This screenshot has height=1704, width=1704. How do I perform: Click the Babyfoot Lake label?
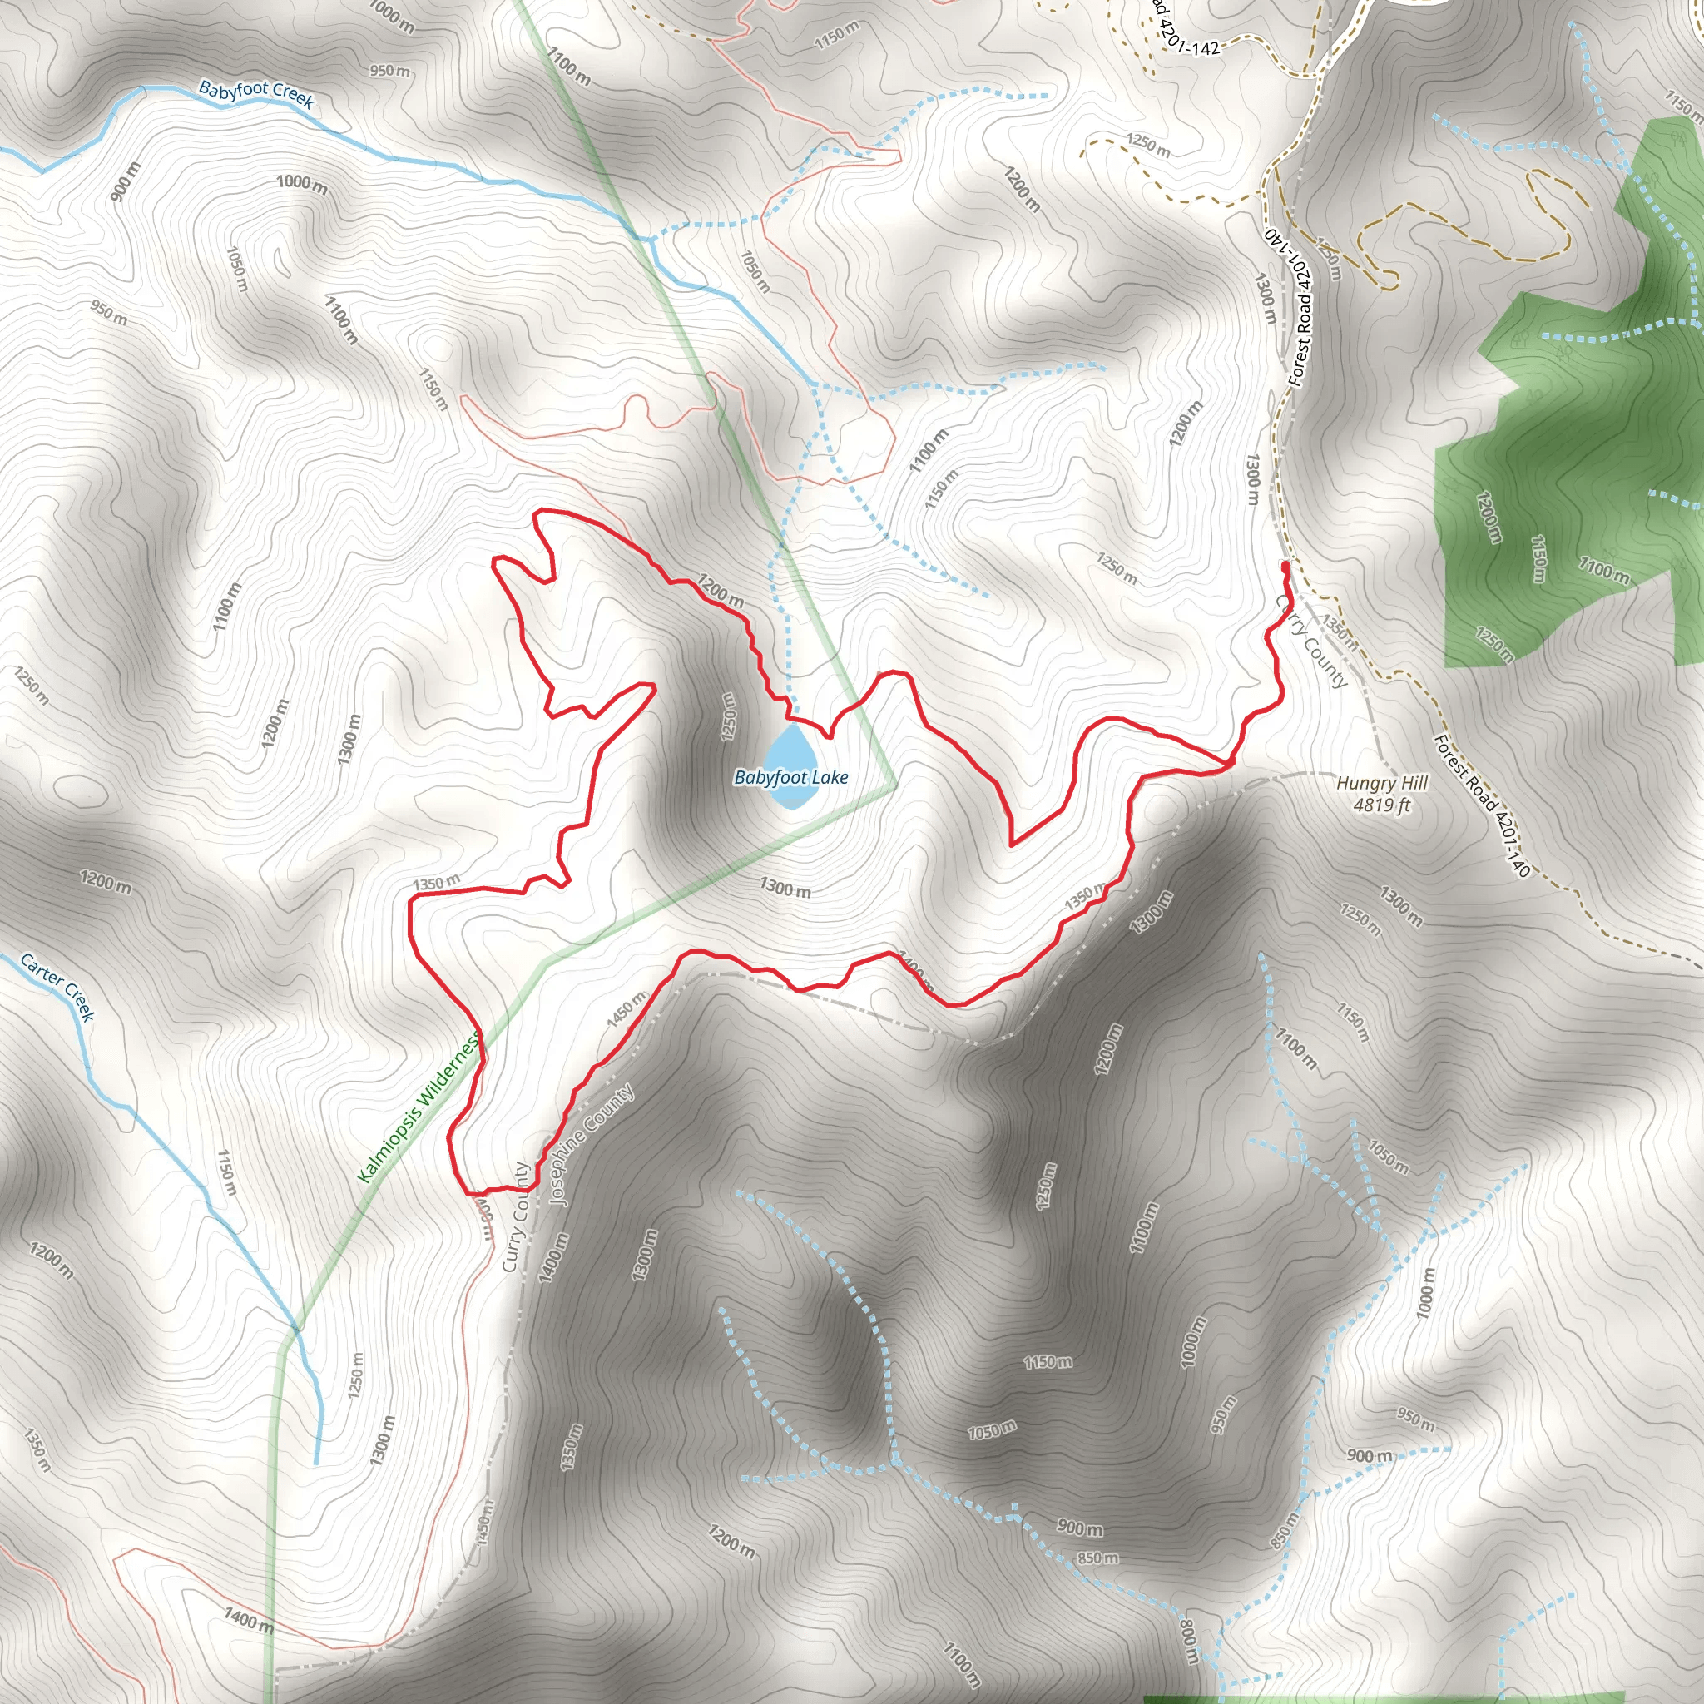(x=790, y=777)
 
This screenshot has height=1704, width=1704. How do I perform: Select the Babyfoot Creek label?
(x=255, y=93)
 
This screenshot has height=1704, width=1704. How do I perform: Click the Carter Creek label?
(x=57, y=987)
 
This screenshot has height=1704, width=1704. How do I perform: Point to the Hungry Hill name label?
(x=1381, y=782)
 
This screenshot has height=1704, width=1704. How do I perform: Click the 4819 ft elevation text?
(x=1381, y=805)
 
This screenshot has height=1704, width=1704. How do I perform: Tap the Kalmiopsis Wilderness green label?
(x=419, y=1108)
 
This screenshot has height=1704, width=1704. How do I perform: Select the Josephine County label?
(x=590, y=1145)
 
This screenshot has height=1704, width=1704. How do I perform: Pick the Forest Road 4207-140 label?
(x=1482, y=805)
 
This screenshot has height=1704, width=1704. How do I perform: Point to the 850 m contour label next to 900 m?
(x=1097, y=1558)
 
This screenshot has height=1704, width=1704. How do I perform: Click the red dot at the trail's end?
(x=1285, y=564)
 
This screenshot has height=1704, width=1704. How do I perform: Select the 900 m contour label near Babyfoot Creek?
(x=126, y=181)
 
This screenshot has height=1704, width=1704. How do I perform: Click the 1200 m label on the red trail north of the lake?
(x=721, y=589)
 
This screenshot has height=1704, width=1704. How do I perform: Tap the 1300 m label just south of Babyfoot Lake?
(x=785, y=887)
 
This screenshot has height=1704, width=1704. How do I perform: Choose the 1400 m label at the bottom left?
(x=248, y=1619)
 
